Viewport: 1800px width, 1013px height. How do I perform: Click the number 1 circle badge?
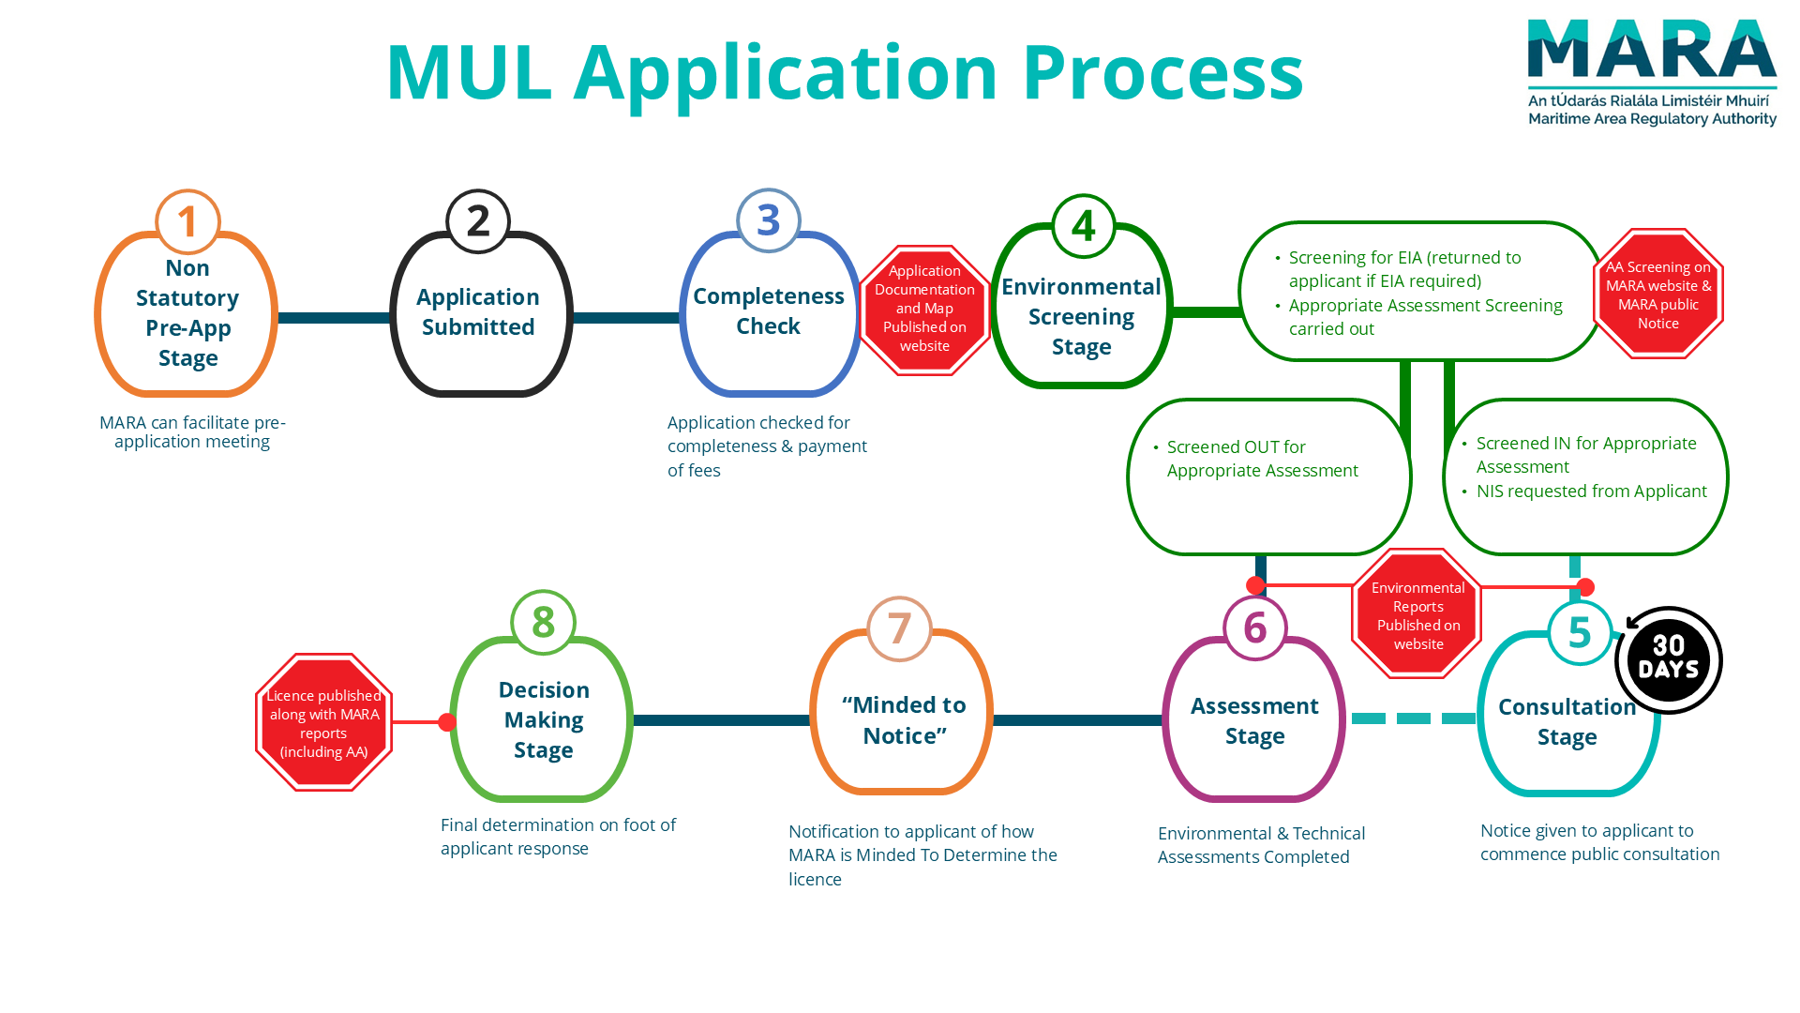187,222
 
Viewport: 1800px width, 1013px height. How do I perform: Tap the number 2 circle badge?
478,222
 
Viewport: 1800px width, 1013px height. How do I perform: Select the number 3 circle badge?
769,221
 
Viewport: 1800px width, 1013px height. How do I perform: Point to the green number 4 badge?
1084,226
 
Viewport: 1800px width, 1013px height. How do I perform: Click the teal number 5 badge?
1580,633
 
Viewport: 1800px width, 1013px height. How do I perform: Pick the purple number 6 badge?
1255,628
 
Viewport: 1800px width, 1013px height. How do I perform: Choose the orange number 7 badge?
899,628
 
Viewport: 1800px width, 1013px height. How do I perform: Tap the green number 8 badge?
543,622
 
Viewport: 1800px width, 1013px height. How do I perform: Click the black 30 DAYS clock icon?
1669,659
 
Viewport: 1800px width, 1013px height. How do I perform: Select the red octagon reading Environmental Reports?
1417,614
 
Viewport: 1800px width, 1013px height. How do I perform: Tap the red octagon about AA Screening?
1657,295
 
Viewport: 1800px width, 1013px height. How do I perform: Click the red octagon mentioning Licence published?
323,722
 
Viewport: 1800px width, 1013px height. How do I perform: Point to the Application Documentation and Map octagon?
924,309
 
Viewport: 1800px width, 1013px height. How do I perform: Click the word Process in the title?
1162,72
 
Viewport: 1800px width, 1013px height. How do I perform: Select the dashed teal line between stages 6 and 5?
1413,718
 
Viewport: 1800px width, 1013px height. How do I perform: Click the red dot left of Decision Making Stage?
447,722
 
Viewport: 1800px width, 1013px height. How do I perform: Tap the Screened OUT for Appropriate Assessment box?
1268,476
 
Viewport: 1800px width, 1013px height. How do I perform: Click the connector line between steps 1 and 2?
333,318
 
